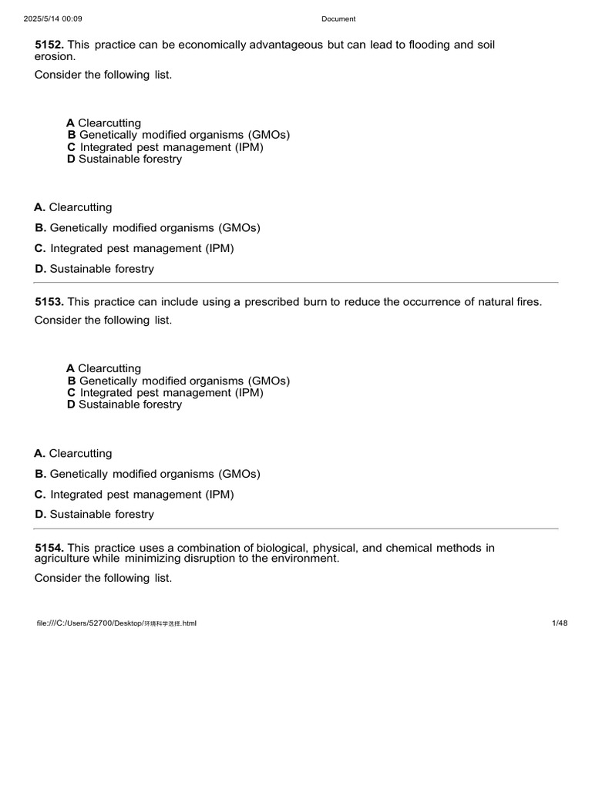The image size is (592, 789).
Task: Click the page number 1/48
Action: (560, 623)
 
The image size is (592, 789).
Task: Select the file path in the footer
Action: (116, 623)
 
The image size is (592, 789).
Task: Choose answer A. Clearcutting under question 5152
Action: (73, 207)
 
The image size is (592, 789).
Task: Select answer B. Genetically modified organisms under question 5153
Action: (147, 474)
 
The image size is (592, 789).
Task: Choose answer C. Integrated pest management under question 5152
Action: (134, 248)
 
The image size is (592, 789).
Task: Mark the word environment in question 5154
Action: (307, 559)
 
